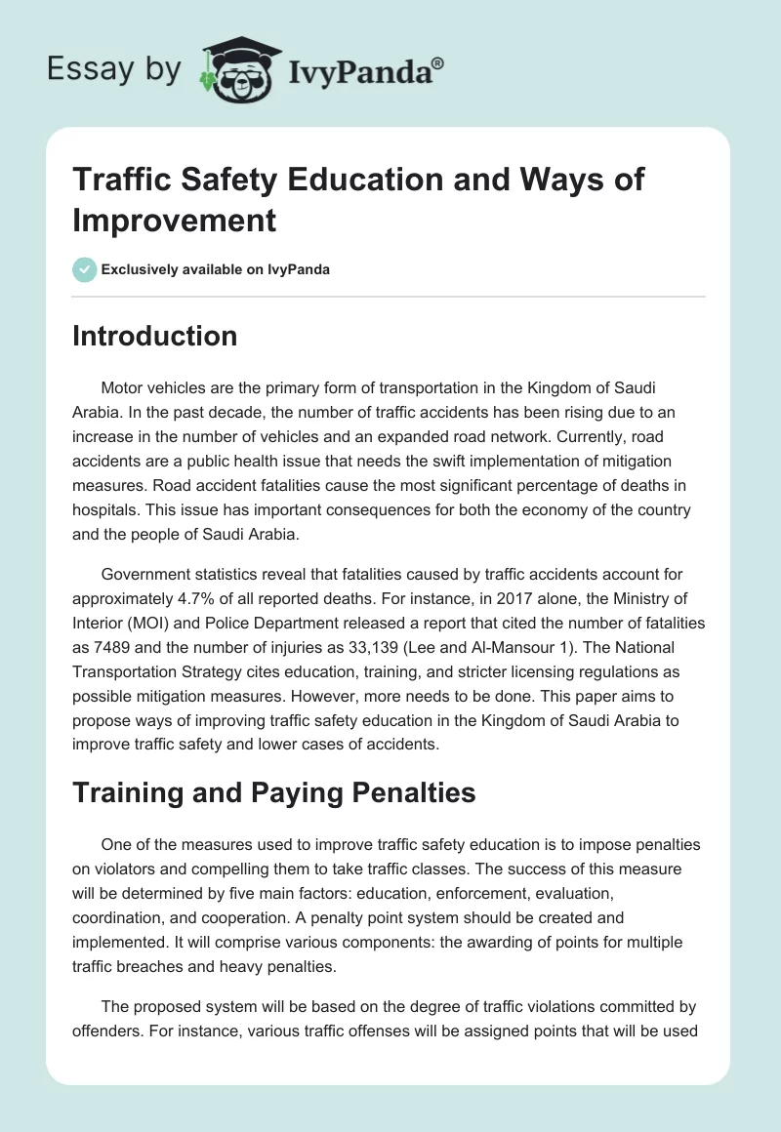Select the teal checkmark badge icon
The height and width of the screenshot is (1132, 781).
85,269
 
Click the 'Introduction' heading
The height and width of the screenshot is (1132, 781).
155,336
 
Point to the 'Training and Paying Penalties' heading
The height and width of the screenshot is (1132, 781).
274,792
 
